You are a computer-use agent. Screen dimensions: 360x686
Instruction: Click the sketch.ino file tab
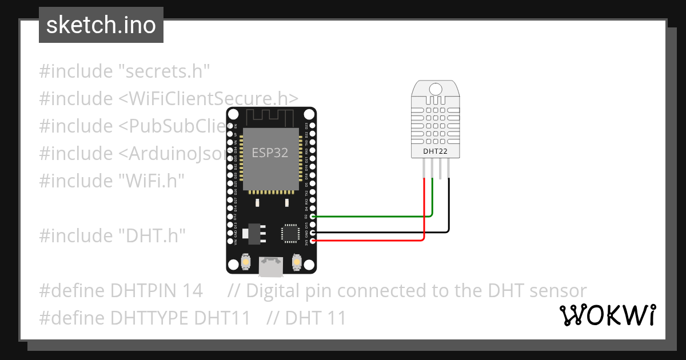[101, 25]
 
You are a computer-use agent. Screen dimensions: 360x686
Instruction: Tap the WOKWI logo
[608, 315]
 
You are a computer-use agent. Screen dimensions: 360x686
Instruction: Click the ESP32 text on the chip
[270, 153]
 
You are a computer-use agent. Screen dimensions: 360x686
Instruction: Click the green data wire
[372, 217]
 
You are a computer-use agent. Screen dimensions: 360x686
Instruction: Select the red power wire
[372, 241]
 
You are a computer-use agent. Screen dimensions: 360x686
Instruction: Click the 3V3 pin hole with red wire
[312, 241]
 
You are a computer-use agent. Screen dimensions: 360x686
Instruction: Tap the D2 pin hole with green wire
[312, 217]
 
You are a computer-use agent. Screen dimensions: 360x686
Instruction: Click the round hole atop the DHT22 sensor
[436, 89]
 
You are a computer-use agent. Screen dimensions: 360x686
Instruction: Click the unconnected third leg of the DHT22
[441, 169]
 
